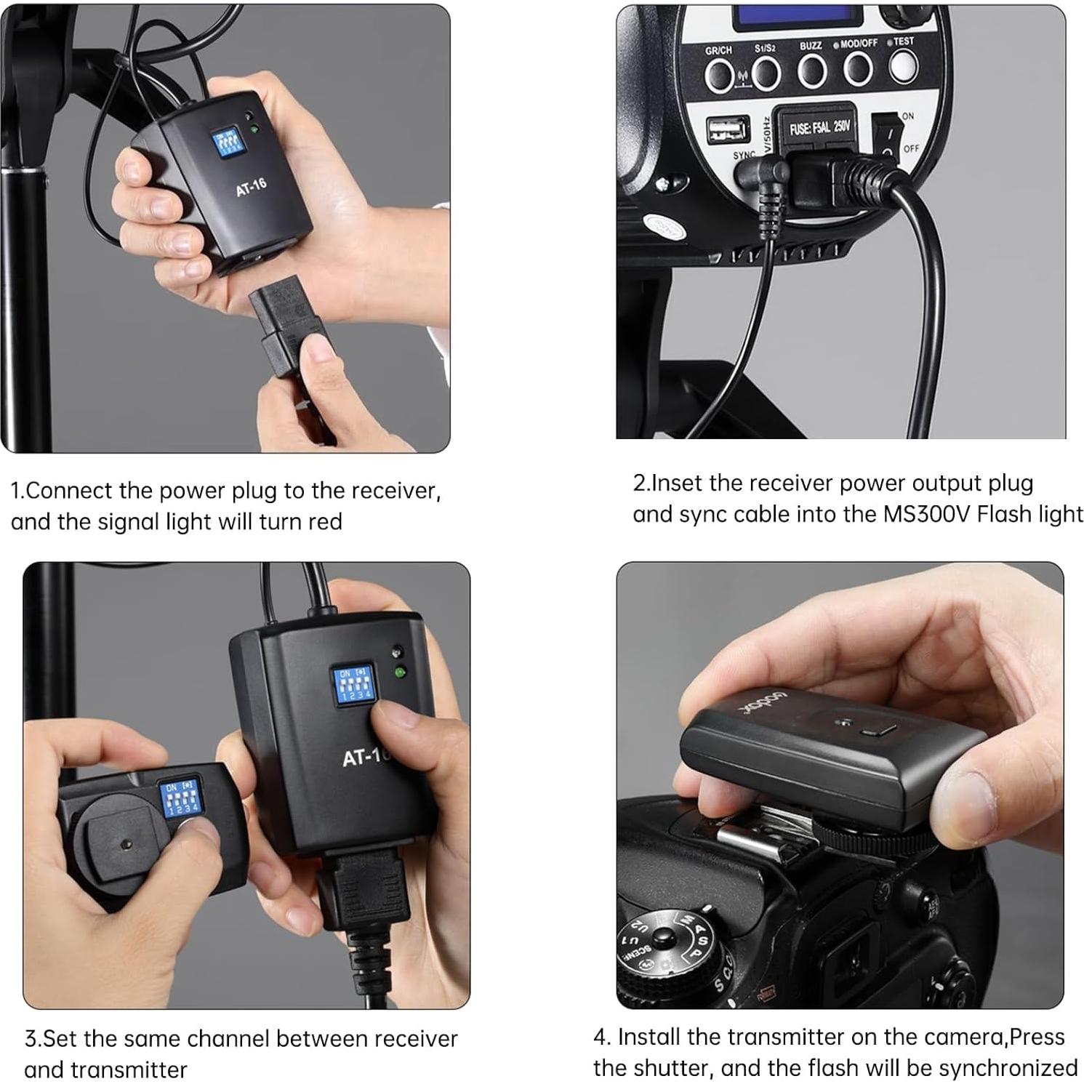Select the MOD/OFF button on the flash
(x=858, y=68)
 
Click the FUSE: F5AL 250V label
(x=819, y=129)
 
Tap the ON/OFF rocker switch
(x=885, y=135)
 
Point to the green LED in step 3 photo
(x=399, y=673)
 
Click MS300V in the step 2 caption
(x=927, y=514)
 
